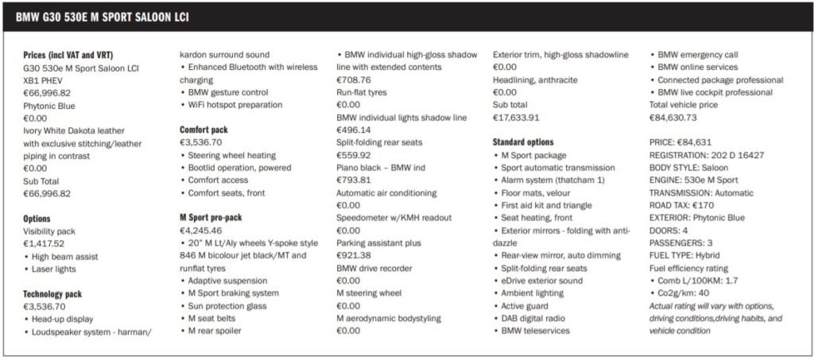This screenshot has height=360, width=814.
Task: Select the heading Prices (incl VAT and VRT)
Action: [68, 55]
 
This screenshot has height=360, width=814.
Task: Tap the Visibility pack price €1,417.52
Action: [45, 244]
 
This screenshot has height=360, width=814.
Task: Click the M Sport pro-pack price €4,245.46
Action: [201, 230]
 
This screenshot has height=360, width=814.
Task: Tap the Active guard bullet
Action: [528, 306]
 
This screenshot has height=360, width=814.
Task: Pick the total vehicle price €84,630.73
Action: [673, 118]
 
